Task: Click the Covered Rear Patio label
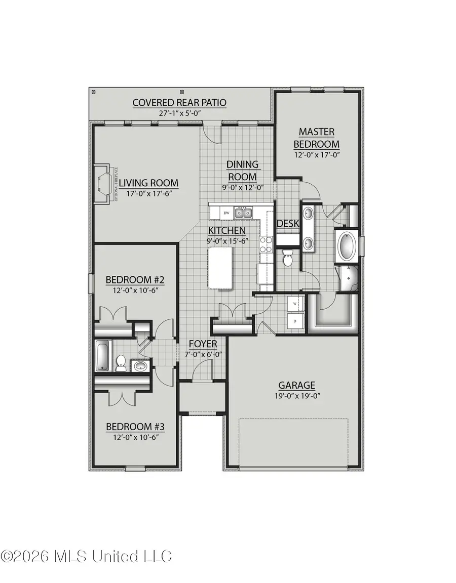pos(179,103)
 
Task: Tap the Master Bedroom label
pos(316,138)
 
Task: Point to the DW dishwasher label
pos(227,213)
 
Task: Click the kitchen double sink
pos(243,213)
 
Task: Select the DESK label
pos(288,223)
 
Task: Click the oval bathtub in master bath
pos(348,245)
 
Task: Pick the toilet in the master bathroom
pos(287,258)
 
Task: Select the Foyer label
pos(203,344)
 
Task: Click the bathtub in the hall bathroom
pos(102,356)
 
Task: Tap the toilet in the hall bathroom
pos(121,362)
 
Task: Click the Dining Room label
pos(242,171)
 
